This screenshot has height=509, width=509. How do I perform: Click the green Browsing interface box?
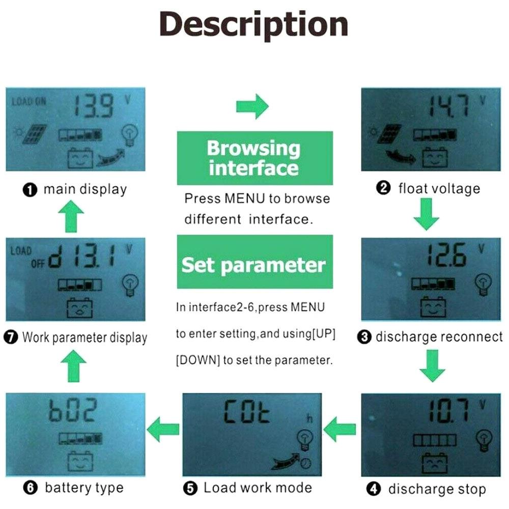pyautogui.click(x=254, y=158)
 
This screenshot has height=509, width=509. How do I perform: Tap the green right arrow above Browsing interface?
pyautogui.click(x=252, y=106)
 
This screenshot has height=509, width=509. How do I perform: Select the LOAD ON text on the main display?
pyautogui.click(x=29, y=101)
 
